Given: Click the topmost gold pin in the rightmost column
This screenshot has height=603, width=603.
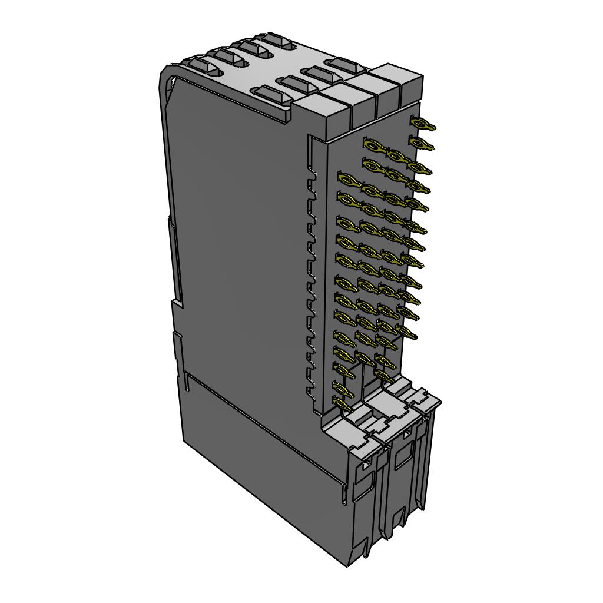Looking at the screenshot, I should click(422, 124).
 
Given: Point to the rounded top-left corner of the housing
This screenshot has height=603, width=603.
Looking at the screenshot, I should click(167, 74).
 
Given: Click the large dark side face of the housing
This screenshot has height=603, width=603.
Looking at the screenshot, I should click(241, 247).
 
